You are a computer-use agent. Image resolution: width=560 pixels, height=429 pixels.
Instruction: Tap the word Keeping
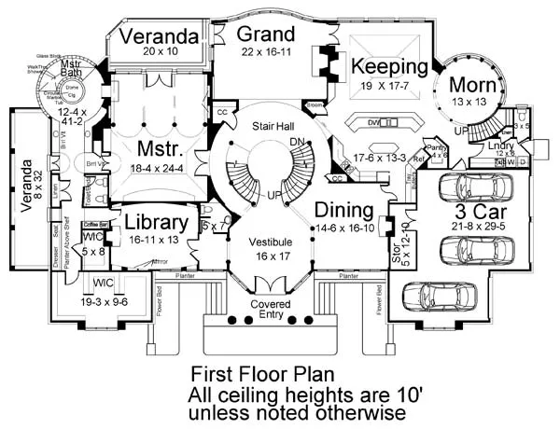click(x=390, y=67)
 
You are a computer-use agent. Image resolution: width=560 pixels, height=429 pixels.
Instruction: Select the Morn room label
click(x=476, y=87)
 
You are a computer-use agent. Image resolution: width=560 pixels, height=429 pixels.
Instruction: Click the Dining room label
click(x=344, y=210)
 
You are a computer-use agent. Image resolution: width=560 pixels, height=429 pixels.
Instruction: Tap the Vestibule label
click(x=272, y=242)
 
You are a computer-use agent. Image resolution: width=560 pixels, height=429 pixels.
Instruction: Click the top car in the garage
click(x=477, y=187)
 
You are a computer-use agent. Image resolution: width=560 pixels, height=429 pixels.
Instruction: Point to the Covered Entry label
click(x=272, y=310)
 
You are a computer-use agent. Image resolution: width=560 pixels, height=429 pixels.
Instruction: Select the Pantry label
click(x=412, y=147)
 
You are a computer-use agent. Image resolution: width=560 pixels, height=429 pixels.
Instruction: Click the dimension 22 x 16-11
click(x=259, y=55)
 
